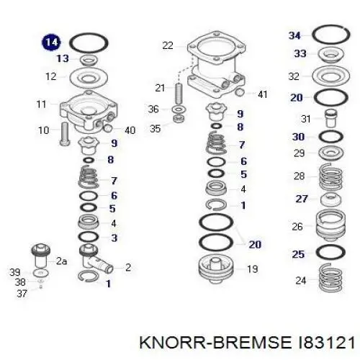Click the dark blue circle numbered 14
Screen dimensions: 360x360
tap(51, 42)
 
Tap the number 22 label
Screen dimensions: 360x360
tap(168, 45)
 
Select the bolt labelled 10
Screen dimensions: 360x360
tap(64, 134)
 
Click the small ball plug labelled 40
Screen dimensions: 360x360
tap(108, 128)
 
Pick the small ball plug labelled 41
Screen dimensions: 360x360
tap(240, 91)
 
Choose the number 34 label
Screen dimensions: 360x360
tap(294, 35)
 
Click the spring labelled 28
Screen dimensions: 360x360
tap(330, 176)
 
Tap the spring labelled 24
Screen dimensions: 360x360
tap(331, 277)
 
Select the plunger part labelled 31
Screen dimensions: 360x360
tap(331, 118)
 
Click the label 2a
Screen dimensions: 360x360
tap(61, 261)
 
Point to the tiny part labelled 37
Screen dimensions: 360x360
tap(41, 287)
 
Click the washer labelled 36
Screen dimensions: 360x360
tap(179, 109)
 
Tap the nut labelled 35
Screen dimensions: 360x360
tap(179, 118)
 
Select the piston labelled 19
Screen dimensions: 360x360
tap(216, 269)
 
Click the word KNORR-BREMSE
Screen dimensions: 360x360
tap(215, 342)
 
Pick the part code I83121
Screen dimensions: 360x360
tap(324, 342)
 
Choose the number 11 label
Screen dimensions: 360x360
tap(41, 104)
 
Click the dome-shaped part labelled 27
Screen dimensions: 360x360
tap(330, 199)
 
